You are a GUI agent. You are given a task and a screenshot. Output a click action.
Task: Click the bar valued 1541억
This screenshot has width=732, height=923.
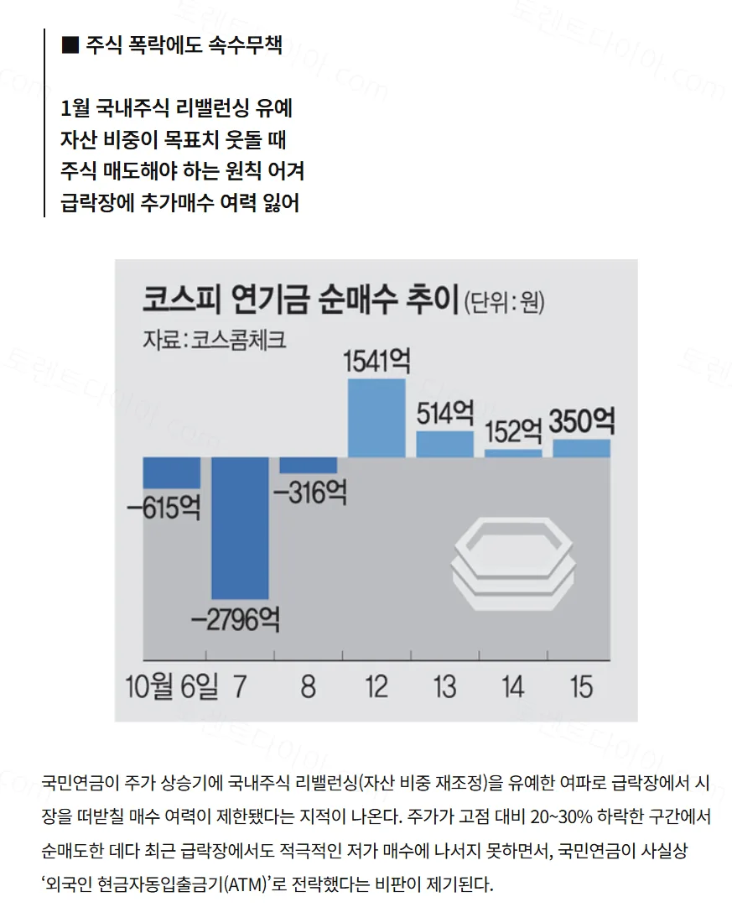coord(376,418)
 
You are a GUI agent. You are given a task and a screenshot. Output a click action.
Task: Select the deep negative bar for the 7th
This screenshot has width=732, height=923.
coord(240,528)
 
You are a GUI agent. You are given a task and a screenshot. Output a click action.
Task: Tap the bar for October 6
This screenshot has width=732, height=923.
coord(172,472)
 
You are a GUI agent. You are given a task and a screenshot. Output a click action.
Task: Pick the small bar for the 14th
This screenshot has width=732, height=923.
coord(513,453)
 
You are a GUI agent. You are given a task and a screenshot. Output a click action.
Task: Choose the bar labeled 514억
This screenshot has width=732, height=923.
coord(445,445)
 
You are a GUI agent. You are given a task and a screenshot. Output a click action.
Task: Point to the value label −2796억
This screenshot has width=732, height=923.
coord(236,619)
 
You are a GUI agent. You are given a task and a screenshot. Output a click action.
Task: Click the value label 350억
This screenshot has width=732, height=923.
coord(582,421)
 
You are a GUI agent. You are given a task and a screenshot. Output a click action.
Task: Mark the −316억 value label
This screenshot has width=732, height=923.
coord(310,492)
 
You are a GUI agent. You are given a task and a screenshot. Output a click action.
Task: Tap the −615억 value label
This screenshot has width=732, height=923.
coord(164,507)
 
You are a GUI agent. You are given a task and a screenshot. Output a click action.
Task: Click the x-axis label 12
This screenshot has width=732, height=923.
coord(376,686)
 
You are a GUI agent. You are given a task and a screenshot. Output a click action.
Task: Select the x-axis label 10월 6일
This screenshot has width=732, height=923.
coord(171,686)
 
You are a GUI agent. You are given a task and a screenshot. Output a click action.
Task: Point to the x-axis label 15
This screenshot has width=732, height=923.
coord(581,686)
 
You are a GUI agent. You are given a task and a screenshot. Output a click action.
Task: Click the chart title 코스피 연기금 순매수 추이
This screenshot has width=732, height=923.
coord(300,299)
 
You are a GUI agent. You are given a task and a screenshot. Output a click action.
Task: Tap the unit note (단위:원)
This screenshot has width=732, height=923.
coord(504,303)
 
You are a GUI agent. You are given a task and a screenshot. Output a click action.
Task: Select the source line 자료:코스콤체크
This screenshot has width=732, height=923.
coord(214,340)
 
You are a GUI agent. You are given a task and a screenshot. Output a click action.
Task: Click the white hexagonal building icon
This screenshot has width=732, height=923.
coord(512,563)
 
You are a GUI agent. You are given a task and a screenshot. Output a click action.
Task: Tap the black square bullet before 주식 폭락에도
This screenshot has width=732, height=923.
coord(70,45)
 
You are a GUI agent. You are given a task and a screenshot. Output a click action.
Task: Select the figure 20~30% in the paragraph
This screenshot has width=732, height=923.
coord(561,816)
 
